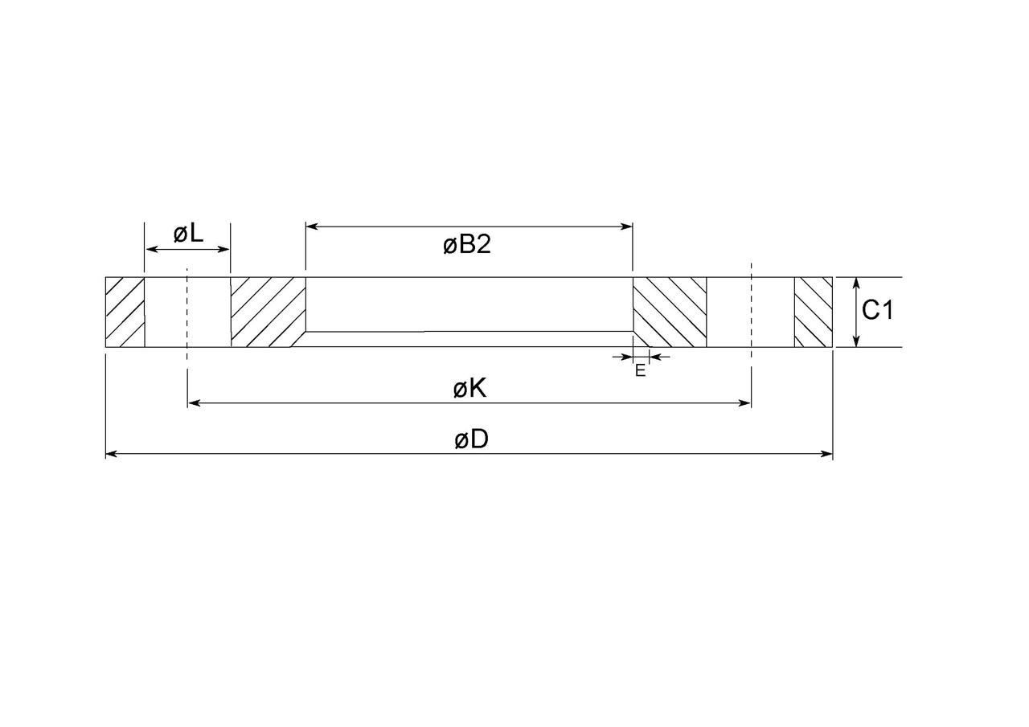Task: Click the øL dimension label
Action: pos(188,234)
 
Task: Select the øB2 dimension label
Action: pos(466,244)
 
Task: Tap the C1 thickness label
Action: pos(877,310)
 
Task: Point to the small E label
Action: pos(640,370)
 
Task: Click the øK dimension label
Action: pos(469,389)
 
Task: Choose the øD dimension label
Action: pos(471,440)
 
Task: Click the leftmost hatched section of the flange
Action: pos(125,312)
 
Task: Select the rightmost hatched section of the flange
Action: pos(813,312)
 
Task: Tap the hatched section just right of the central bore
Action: pos(670,312)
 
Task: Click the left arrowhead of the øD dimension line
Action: pos(111,454)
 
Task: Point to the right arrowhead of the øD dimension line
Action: pos(827,454)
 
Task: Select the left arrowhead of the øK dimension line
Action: pos(193,403)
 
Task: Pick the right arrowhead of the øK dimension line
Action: pos(745,403)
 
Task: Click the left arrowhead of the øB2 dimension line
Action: pos(311,227)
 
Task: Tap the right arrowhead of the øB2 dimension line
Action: pos(627,227)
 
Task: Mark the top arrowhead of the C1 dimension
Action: pos(856,283)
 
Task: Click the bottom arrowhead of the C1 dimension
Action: pos(856,342)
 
